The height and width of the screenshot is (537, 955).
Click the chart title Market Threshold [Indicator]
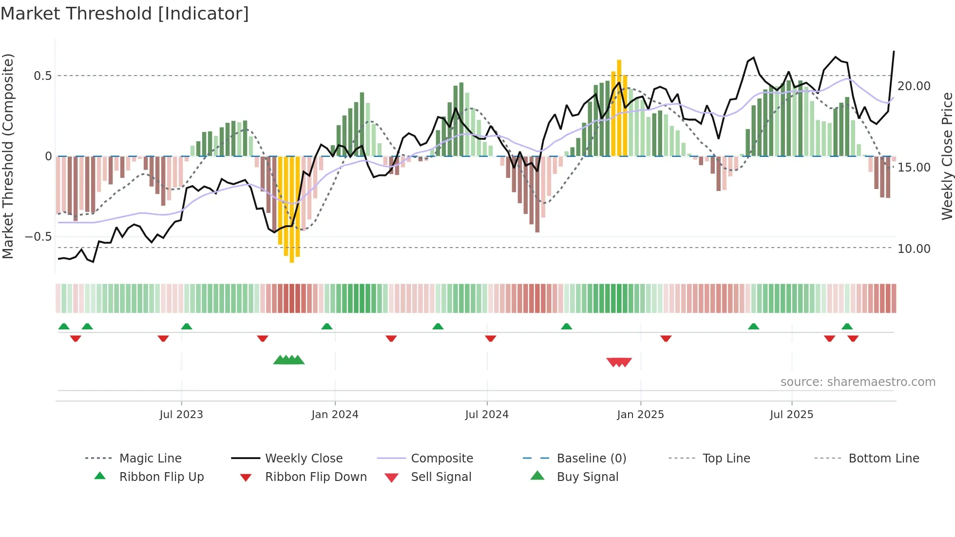coord(125,14)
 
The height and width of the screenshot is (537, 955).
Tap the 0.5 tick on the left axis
coord(42,76)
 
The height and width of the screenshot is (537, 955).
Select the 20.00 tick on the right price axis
coord(914,86)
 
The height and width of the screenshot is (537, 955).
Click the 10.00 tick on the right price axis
coord(914,249)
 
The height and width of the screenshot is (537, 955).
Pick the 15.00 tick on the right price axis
coord(914,168)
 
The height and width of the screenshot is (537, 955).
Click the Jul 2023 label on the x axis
coord(181,415)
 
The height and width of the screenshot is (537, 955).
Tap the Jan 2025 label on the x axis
coord(640,415)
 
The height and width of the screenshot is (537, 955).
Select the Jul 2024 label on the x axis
coord(487,415)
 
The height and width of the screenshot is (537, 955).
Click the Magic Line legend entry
coord(150,459)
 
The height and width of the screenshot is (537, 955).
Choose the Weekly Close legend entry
coord(304,459)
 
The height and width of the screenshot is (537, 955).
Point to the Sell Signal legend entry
coord(441,477)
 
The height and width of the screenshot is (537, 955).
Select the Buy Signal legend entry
coord(587,477)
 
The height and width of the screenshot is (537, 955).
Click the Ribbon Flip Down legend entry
coord(316,477)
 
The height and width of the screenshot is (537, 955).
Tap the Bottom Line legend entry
coord(883,459)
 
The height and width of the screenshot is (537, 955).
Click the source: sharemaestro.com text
coord(858,382)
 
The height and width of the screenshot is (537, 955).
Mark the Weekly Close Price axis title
coord(947,156)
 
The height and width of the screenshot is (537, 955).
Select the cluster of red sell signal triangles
coord(619,362)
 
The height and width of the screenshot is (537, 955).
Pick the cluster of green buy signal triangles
coord(289,360)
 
